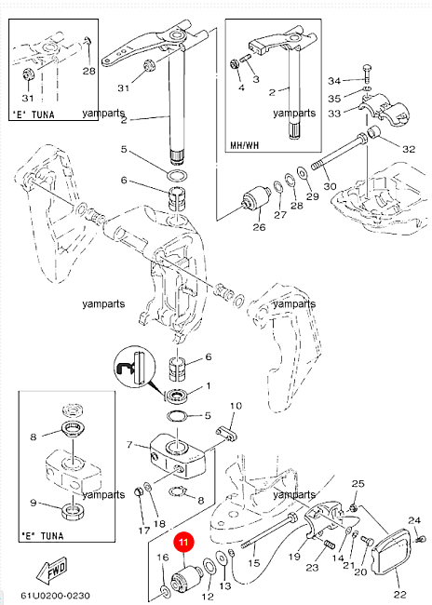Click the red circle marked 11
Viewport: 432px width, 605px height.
coord(183,543)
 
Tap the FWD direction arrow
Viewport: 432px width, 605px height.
coord(52,571)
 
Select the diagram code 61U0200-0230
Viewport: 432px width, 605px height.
coord(55,595)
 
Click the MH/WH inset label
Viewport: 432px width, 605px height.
coord(245,145)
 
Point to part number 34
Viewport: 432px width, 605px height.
coord(334,81)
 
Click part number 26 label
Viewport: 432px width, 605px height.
coord(259,227)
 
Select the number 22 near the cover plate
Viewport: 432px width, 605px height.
coord(400,595)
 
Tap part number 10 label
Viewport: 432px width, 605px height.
coord(236,406)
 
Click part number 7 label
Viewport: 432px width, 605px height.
coord(129,445)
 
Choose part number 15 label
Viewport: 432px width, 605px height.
coord(253,563)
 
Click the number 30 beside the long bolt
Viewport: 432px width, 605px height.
coord(330,186)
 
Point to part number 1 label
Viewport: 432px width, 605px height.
coord(209,386)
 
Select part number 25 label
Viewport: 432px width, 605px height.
coord(358,483)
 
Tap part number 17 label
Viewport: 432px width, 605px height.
coord(144,531)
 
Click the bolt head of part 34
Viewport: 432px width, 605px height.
coord(367,69)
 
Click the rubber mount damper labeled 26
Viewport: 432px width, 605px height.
coord(255,200)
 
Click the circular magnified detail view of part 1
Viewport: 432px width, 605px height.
coord(135,367)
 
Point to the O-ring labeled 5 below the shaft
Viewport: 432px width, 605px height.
coord(178,175)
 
